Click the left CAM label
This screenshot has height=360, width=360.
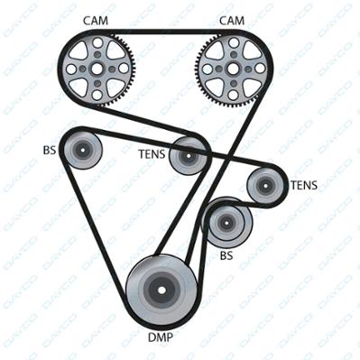tap(96, 21)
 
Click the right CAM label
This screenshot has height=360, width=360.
tap(232, 21)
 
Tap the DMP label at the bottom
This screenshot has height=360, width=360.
tap(161, 337)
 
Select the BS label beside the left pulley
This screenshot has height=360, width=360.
tap(50, 150)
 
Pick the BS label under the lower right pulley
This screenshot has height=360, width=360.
tap(226, 255)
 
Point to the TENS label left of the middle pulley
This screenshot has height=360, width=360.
tap(152, 154)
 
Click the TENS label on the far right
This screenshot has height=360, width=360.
tap(304, 185)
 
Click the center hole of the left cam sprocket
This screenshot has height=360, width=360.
tap(97, 69)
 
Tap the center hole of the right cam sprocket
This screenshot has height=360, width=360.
tap(233, 69)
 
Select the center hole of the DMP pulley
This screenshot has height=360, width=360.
tap(162, 291)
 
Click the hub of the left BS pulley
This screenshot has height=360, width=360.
tap(82, 149)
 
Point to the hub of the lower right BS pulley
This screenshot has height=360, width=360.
tap(226, 223)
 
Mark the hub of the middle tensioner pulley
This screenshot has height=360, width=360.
tap(189, 155)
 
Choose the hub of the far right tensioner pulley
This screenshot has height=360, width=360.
tap(265, 185)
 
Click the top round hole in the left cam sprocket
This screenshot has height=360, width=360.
tap(97, 42)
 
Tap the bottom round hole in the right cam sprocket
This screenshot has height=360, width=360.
tap(233, 95)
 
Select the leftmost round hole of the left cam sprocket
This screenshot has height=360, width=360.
tap(71, 69)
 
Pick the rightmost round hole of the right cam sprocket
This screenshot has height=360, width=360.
tap(259, 69)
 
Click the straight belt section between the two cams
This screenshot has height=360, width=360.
tap(165, 32)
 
